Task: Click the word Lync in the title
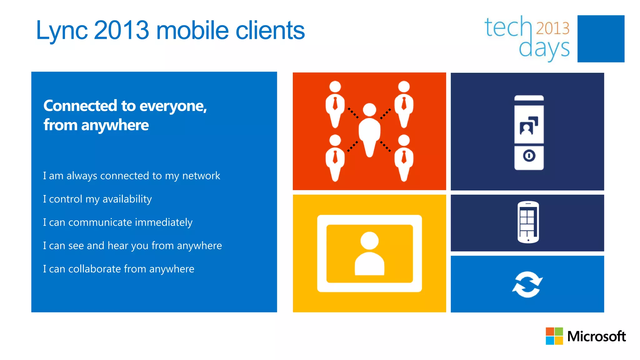[62, 31]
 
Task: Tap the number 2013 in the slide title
[121, 30]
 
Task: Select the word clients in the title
[270, 30]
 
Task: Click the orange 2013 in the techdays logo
[552, 28]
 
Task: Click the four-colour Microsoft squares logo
[554, 336]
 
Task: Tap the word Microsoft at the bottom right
[596, 337]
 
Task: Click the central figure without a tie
[369, 131]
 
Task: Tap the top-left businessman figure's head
[335, 87]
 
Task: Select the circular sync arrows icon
[527, 284]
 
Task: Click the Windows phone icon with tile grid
[528, 222]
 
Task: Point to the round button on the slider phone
[529, 155]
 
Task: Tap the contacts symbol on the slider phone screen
[529, 126]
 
